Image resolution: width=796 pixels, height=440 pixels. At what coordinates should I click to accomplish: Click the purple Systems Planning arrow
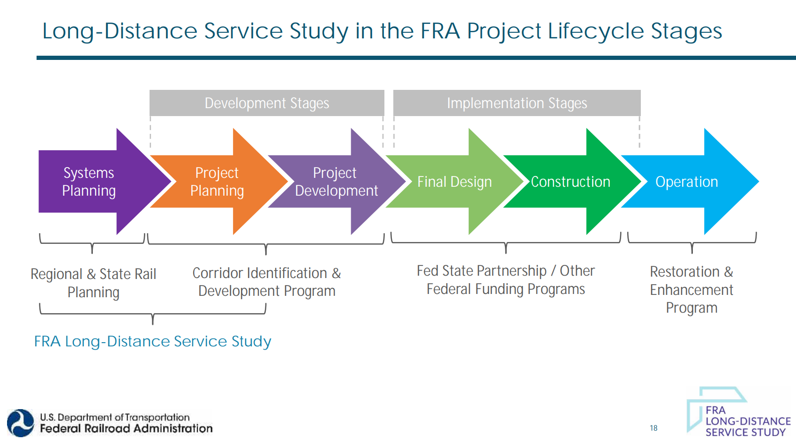(89, 182)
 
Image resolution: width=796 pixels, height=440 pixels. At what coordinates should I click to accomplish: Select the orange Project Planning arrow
(217, 182)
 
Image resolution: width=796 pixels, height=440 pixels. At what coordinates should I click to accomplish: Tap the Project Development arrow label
(336, 182)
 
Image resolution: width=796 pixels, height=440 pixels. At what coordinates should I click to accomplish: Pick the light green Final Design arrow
(454, 182)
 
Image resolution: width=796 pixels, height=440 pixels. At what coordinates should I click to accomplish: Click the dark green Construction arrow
(571, 182)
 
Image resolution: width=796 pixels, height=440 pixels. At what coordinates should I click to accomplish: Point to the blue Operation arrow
(687, 182)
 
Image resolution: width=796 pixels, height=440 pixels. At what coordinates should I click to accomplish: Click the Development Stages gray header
(267, 103)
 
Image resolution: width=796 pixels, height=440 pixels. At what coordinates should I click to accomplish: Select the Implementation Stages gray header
(517, 103)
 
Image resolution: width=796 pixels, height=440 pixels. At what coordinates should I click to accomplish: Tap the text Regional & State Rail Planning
(93, 283)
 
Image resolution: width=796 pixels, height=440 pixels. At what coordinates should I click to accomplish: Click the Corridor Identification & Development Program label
(267, 282)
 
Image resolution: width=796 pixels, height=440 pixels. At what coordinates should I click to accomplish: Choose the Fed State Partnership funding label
(505, 280)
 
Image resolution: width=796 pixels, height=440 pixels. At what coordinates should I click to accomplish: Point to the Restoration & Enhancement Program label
(691, 290)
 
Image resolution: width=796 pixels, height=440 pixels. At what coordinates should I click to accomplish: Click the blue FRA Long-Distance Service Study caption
(152, 341)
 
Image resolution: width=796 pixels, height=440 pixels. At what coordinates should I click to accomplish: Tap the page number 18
(653, 428)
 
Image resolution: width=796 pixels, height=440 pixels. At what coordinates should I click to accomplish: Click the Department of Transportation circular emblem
(21, 423)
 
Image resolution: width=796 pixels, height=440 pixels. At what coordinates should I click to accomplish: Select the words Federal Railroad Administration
(126, 428)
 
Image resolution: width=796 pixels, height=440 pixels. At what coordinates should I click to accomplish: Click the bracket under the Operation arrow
(691, 241)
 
